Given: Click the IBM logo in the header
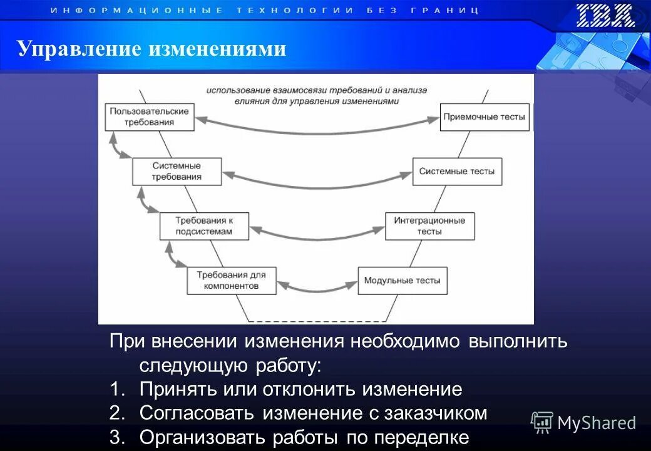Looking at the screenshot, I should [605, 16].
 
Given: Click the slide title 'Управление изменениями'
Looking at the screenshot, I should [151, 48].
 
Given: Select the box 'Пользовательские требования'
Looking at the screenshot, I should [149, 117].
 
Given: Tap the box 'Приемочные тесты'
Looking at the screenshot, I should [484, 117].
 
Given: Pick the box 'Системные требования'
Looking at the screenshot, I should [177, 171].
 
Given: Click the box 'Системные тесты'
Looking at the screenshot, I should [457, 171].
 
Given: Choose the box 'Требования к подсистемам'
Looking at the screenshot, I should [204, 226].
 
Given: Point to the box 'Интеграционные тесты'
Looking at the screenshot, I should [429, 226].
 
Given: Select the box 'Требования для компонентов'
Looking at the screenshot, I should [231, 280].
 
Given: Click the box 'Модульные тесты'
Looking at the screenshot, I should [402, 280].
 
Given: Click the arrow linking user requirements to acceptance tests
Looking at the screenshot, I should [316, 130].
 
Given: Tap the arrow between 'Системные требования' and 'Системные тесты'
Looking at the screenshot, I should [316, 184].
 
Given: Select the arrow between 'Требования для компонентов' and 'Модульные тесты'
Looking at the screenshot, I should [316, 289].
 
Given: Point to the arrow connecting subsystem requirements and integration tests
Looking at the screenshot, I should [316, 237].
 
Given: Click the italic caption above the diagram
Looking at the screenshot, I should [317, 95].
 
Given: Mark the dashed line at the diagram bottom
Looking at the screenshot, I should [316, 321].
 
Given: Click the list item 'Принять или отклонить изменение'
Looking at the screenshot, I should [300, 390].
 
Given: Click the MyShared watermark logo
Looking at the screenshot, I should [583, 423].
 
